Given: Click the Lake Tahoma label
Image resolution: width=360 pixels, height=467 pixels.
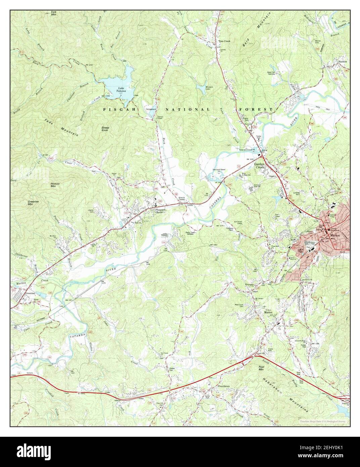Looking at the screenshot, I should click(121, 90).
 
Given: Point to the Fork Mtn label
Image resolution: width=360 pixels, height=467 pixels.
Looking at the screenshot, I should click(54, 13).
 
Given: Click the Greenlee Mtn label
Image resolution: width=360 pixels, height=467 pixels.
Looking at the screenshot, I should click(33, 203).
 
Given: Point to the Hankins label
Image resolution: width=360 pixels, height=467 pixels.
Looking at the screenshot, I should click(342, 62).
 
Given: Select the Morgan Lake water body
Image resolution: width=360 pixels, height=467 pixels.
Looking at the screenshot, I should click(211, 88).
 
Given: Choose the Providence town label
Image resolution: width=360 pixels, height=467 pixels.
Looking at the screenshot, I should click(224, 386).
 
